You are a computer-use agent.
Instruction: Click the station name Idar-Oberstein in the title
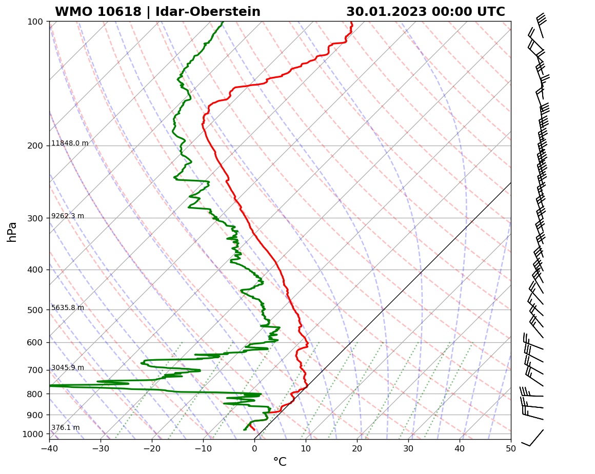(x=207, y=12)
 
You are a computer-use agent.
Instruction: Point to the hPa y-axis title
(x=12, y=232)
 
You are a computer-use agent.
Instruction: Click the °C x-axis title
(x=280, y=462)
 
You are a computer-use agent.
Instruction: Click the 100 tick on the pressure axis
(x=36, y=22)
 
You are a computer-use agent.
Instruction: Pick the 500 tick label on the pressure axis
(x=36, y=310)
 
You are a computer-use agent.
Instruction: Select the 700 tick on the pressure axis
(x=36, y=370)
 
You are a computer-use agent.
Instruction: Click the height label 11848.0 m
(x=70, y=143)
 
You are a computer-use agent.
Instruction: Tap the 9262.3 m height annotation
(x=68, y=216)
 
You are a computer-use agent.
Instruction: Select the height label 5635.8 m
(x=68, y=308)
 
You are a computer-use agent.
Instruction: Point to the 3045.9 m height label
(x=68, y=368)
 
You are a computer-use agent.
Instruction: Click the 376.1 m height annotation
(x=65, y=428)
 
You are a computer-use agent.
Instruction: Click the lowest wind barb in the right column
(x=533, y=438)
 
